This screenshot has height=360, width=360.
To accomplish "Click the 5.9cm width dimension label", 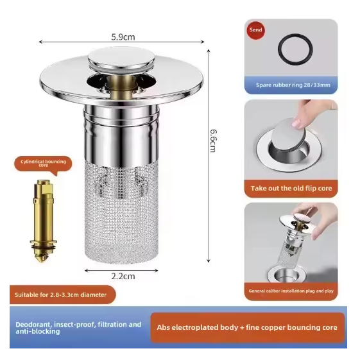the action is click(123, 37).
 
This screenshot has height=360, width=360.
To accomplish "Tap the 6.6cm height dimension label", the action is click(213, 141).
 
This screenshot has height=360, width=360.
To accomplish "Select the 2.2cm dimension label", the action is click(123, 276).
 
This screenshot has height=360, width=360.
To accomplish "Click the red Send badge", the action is click(256, 30).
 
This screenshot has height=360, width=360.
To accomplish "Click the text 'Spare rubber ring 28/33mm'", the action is click(293, 85).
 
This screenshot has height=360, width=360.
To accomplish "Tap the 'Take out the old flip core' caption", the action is click(291, 188).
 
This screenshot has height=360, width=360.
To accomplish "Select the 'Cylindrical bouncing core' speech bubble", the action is click(43, 164).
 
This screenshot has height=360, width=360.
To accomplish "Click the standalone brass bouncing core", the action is click(43, 220).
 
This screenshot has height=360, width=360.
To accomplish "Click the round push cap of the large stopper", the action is click(121, 58).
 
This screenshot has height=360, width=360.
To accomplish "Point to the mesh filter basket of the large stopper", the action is click(121, 211).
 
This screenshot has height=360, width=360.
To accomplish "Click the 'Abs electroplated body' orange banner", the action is click(248, 328).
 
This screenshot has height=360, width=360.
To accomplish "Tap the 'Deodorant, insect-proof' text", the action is click(78, 328).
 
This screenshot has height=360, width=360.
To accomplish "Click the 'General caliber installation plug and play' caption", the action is click(291, 291).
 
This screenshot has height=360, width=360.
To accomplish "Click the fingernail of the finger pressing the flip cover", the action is click(296, 123).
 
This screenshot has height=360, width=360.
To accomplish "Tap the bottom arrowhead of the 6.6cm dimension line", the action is click(209, 261).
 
